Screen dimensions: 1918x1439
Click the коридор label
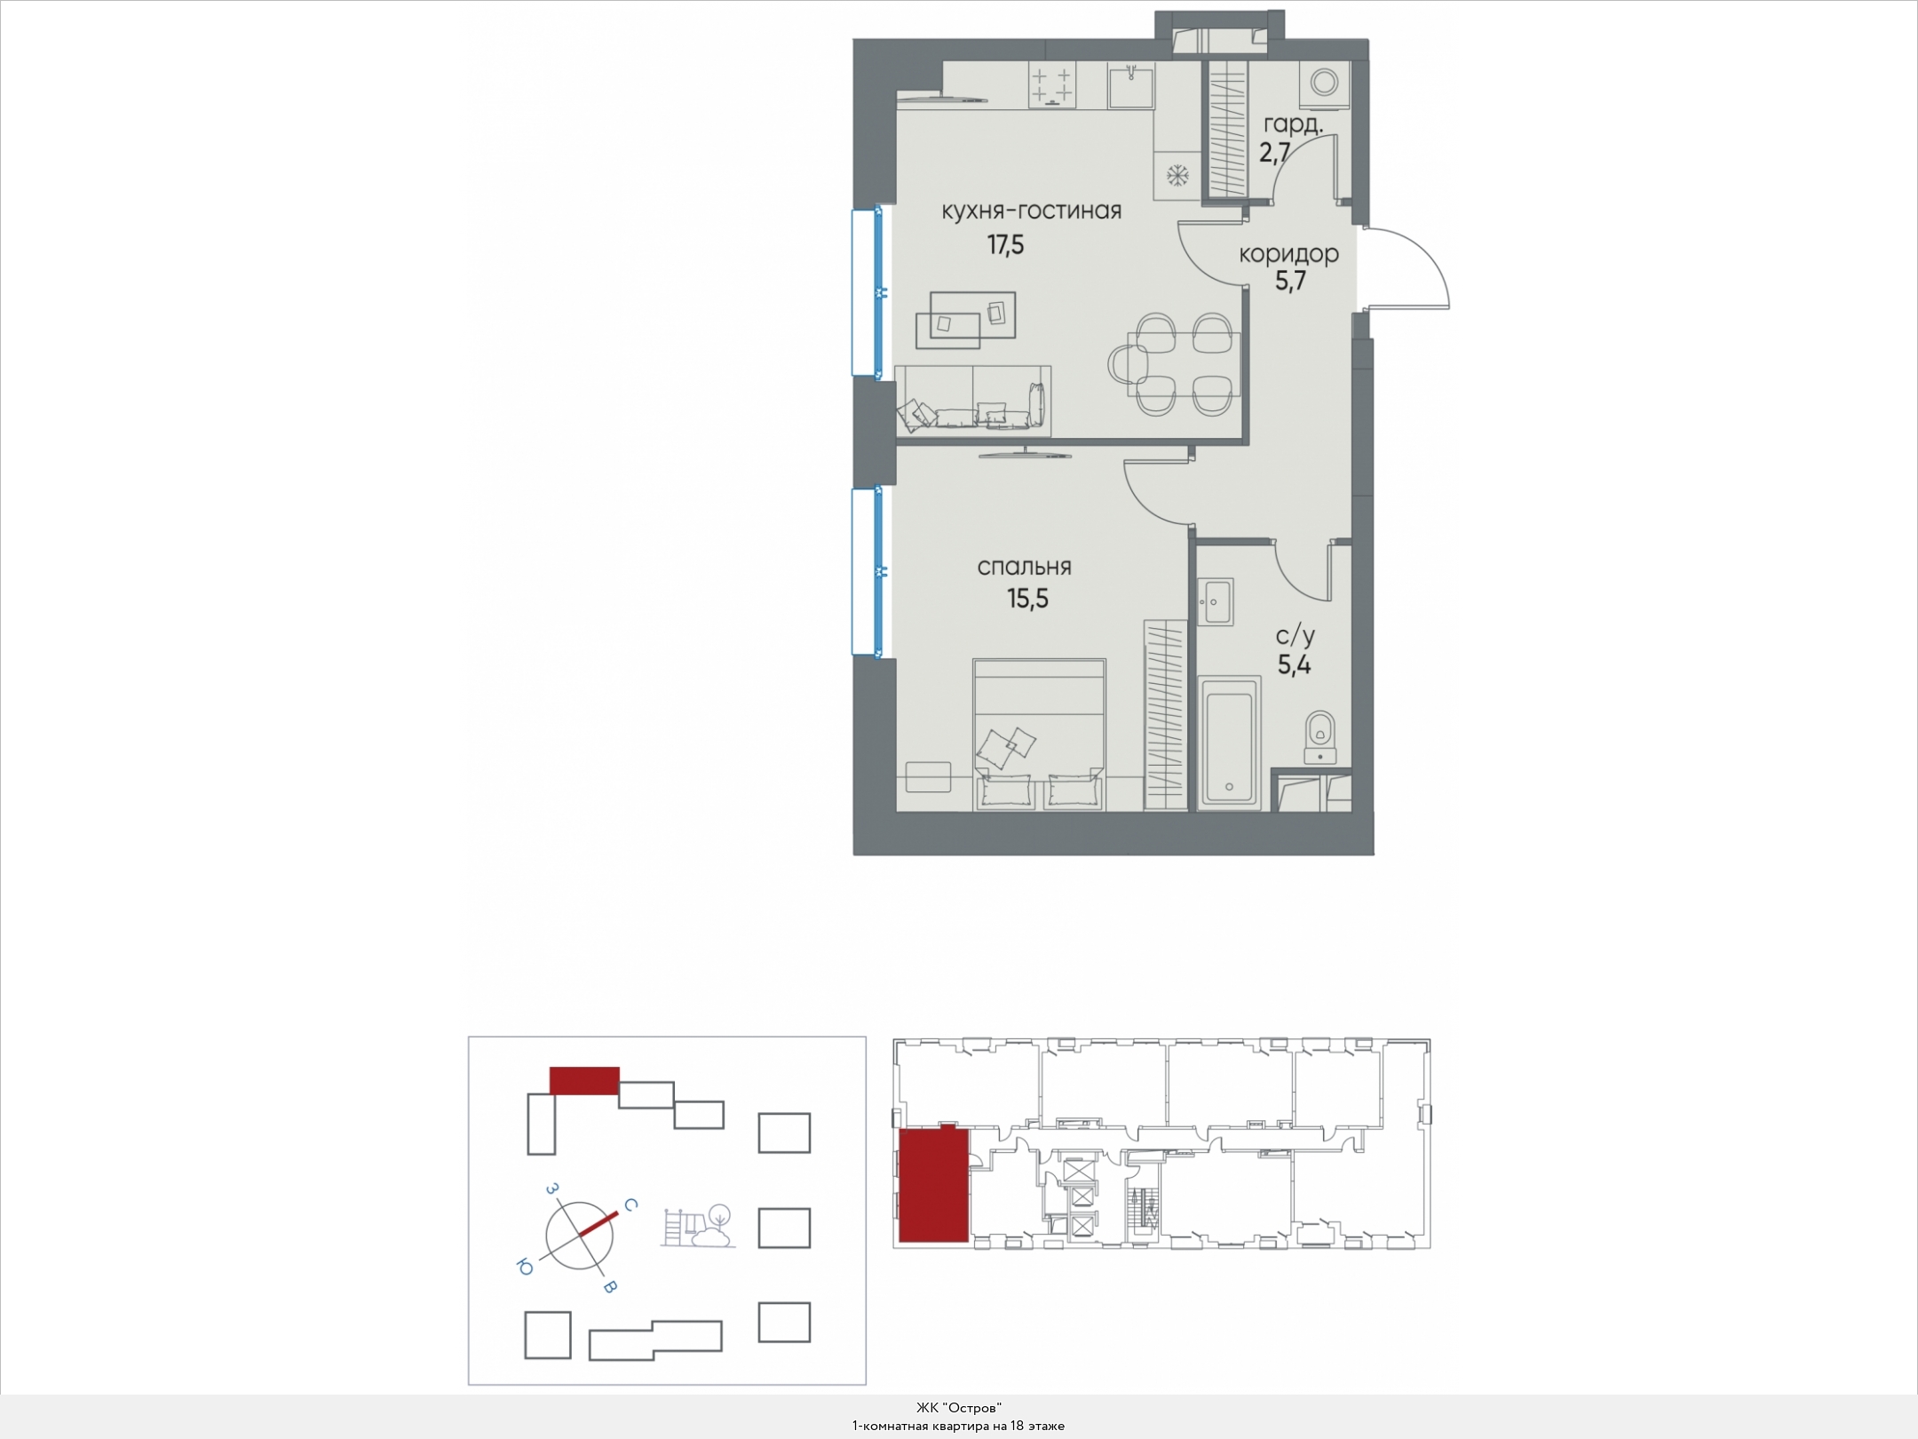pos(1289,255)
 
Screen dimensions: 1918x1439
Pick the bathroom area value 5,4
pos(1295,664)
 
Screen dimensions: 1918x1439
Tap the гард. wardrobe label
pos(1293,124)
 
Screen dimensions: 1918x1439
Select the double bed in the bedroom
pos(1039,735)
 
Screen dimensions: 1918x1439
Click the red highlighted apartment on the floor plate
pos(932,1183)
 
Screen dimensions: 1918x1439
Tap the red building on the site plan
pos(584,1080)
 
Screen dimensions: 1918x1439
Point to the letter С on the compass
pos(629,1205)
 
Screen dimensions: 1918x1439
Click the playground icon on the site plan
pos(698,1226)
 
